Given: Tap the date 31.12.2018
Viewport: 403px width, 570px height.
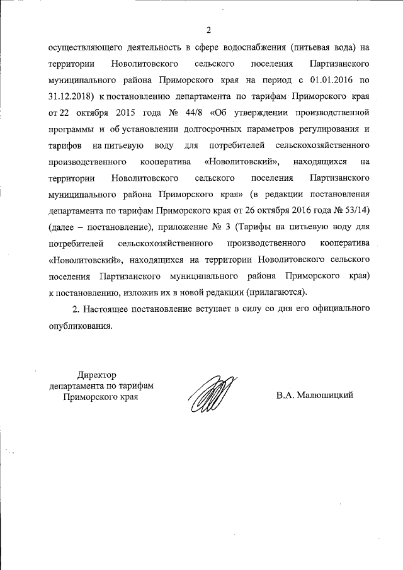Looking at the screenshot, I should click(69, 97).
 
